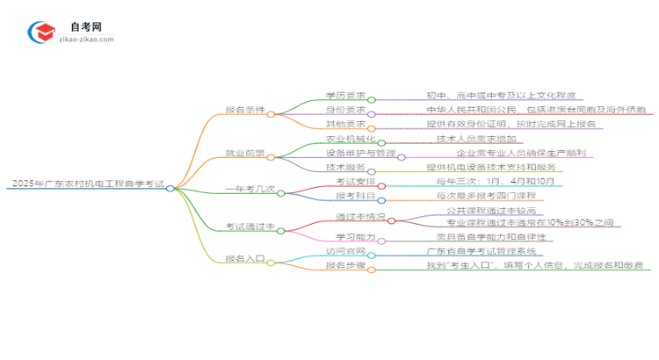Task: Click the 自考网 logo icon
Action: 41,32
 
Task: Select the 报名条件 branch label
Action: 243,112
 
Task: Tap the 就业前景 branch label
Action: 243,156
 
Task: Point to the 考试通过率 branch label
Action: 243,227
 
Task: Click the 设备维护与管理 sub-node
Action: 359,156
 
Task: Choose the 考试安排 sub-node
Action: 351,181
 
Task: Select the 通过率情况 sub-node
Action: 358,215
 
